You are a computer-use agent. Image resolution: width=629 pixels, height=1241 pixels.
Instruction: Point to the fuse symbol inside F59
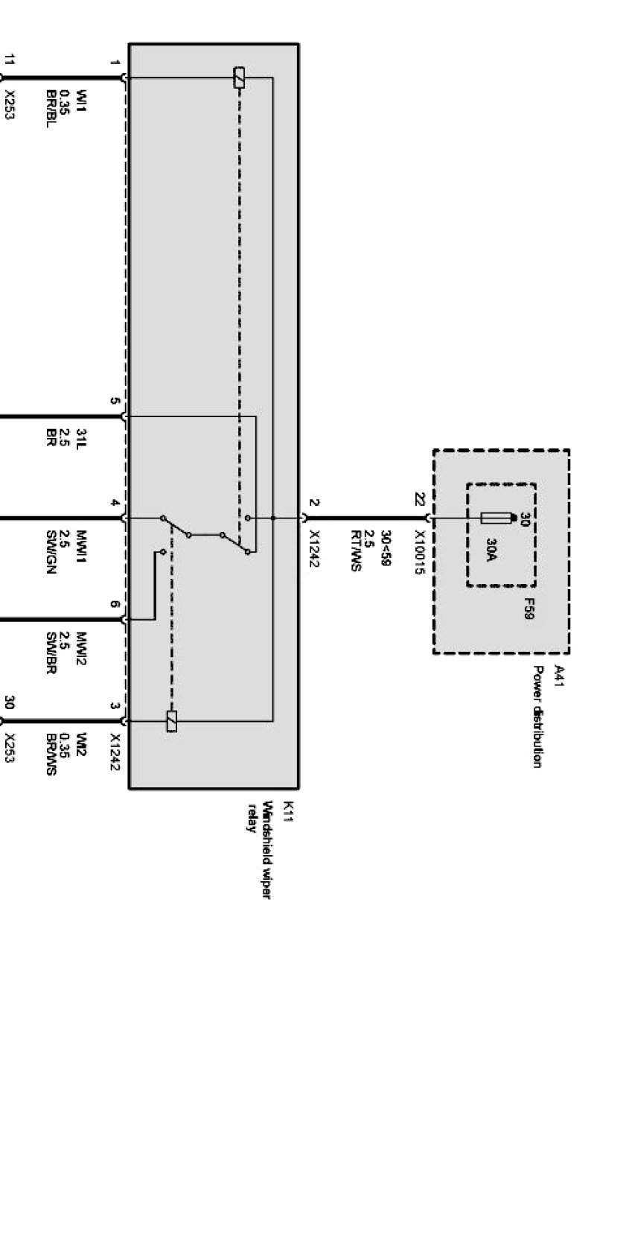pos(497,518)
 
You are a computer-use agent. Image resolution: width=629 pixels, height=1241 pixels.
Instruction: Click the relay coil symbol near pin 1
pos(239,77)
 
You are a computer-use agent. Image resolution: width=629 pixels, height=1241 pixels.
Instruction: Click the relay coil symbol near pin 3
pos(172,721)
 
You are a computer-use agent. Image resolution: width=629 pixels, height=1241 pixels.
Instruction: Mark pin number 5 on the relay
pos(114,401)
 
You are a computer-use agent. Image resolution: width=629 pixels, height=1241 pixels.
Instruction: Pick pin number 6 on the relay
pos(114,604)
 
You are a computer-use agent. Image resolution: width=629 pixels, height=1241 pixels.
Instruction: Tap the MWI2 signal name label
pos(81,648)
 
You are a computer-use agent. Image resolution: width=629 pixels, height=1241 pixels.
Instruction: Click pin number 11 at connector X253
pos(10,60)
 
